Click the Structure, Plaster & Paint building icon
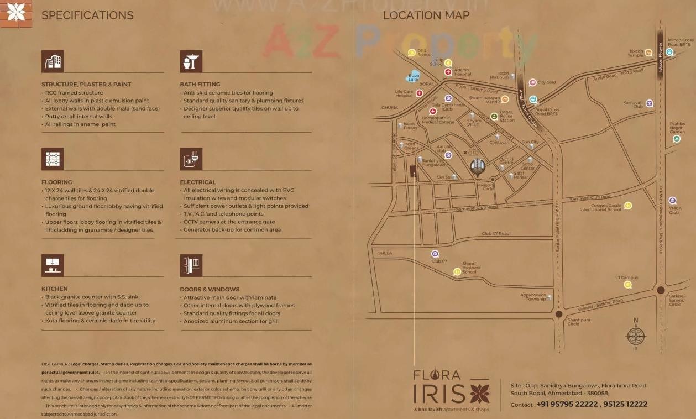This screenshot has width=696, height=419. click(53, 61)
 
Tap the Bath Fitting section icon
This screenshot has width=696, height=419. click(191, 61)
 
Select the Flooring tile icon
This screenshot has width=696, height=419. click(53, 159)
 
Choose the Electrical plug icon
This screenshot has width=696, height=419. click(191, 159)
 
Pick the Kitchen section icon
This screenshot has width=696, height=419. click(53, 265)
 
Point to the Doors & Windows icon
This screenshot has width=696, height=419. click(191, 265)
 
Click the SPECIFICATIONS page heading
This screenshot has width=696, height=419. click(87, 15)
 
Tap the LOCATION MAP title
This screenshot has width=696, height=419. click(426, 15)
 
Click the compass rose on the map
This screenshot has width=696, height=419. click(636, 336)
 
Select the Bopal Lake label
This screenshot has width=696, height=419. click(414, 77)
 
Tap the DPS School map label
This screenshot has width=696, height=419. click(424, 53)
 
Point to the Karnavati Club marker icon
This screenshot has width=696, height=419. click(650, 103)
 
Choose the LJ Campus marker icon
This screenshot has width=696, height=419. click(627, 285)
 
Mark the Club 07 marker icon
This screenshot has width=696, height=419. click(435, 254)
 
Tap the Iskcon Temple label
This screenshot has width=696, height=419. click(636, 54)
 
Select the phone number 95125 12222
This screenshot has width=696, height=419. click(625, 404)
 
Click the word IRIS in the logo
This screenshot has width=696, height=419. click(439, 394)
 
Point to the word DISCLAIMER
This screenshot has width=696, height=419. click(55, 364)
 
